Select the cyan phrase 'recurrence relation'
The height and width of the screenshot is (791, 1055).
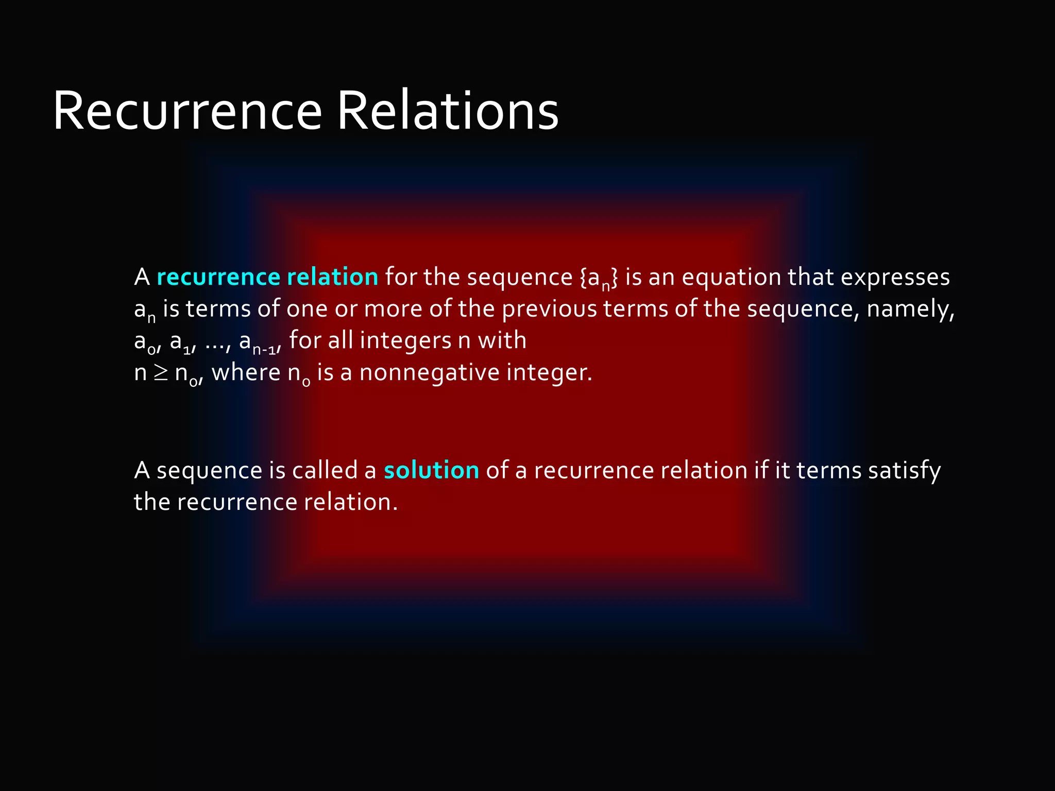click(x=267, y=277)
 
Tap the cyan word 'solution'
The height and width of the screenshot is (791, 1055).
click(x=431, y=470)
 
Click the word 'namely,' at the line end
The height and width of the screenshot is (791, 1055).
click(x=910, y=309)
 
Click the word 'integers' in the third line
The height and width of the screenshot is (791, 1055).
click(x=405, y=340)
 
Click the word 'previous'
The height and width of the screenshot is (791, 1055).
click(x=549, y=309)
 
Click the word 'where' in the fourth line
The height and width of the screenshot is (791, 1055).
click(x=246, y=372)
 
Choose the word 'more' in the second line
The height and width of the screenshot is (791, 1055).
click(x=393, y=309)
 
